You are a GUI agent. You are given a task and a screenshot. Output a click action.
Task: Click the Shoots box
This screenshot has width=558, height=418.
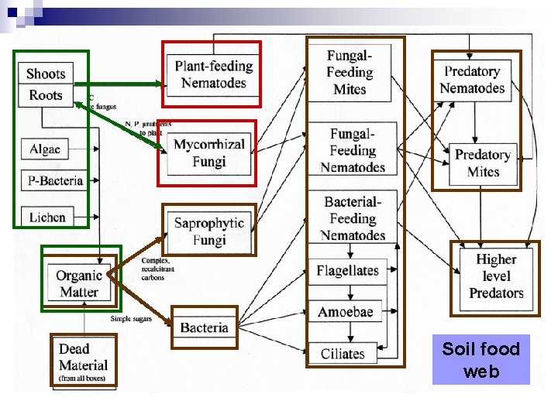46,74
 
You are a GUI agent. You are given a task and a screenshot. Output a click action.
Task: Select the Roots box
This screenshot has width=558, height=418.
46,95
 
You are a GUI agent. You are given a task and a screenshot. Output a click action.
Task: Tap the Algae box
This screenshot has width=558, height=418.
45,149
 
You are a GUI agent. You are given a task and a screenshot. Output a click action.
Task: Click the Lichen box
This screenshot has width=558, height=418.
47,218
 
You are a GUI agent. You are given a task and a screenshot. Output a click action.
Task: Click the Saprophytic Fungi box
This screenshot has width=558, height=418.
208,231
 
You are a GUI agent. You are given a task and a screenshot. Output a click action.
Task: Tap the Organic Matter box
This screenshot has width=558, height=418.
79,283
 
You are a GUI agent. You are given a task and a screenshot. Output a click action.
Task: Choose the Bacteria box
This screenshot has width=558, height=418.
204,327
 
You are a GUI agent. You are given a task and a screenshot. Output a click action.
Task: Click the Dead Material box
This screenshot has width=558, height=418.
83,361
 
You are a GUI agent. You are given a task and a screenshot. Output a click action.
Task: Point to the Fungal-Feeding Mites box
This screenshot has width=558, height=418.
350,72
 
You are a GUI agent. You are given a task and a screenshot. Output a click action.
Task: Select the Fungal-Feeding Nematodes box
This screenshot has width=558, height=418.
353,151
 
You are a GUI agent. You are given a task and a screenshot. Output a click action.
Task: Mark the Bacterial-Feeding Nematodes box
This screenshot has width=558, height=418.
353,218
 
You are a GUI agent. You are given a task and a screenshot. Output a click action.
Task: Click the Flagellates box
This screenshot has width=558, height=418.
347,271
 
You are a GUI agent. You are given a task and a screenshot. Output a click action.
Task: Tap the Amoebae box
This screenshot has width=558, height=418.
346,312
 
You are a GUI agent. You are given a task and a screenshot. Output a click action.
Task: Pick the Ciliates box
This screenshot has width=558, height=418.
343,354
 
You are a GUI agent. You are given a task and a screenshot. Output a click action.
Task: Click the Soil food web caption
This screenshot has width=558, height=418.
480,360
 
